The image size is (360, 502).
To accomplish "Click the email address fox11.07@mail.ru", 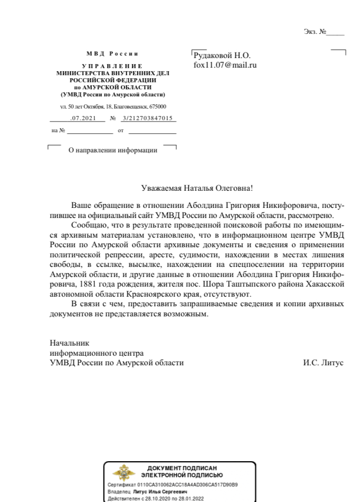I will pos(225,65).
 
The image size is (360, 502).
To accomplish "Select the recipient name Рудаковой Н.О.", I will pos(222,55).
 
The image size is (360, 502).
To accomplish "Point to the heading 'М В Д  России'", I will pos(112,53).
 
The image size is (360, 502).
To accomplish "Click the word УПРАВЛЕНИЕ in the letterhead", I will pos(112,66).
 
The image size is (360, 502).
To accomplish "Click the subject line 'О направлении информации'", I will pos(113,150).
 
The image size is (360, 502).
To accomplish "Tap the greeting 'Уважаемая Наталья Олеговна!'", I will pos(196,188).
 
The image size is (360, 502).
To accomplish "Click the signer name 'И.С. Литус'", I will pos(323,362).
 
